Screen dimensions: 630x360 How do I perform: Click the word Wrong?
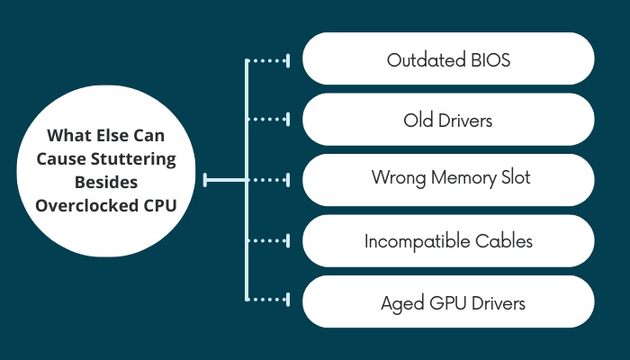pyautogui.click(x=399, y=178)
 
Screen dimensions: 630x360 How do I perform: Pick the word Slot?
pyautogui.click(x=516, y=177)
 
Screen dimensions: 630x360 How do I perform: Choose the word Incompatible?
pyautogui.click(x=418, y=241)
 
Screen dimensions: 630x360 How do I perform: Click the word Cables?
pyautogui.click(x=504, y=241)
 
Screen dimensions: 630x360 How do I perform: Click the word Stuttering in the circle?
pyautogui.click(x=133, y=159)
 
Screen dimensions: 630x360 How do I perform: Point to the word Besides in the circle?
pyautogui.click(x=106, y=182)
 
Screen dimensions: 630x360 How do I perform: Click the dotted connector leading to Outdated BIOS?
pyautogui.click(x=268, y=60)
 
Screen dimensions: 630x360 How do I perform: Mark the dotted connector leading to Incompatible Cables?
pyautogui.click(x=268, y=240)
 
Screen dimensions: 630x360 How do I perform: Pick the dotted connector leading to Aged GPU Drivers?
pyautogui.click(x=268, y=300)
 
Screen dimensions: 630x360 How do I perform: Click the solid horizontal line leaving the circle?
pyautogui.click(x=225, y=180)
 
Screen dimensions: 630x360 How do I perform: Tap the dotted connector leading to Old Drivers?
pyautogui.click(x=268, y=120)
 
